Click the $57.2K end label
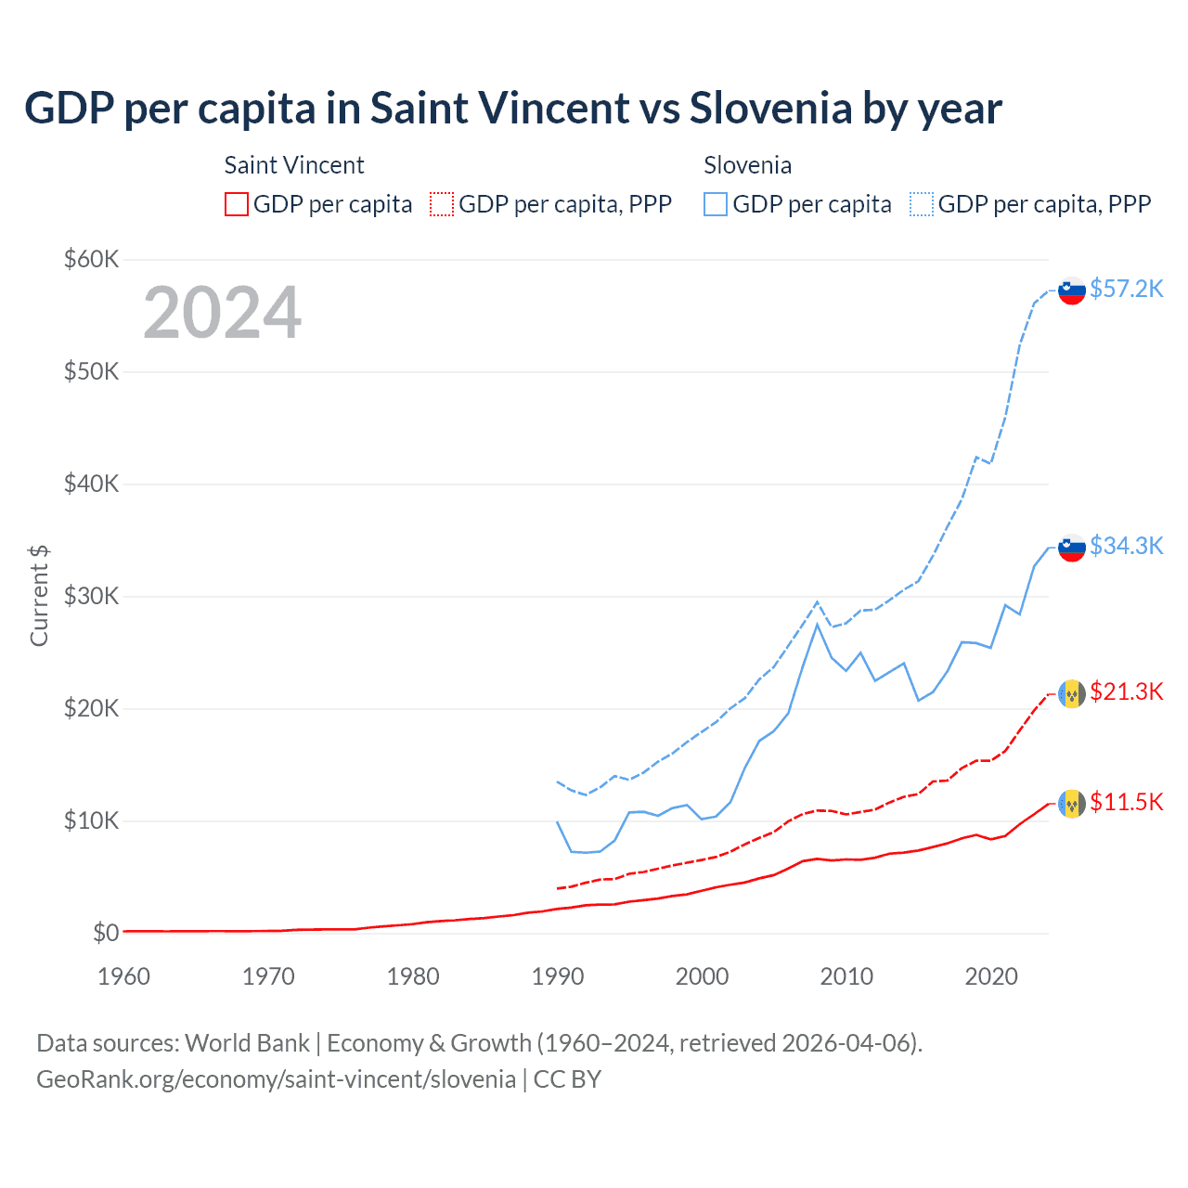point(1126,289)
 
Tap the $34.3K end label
point(1126,546)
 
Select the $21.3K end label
point(1126,691)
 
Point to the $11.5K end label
point(1126,802)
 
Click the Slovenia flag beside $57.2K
point(1072,291)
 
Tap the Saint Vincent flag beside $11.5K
point(1072,803)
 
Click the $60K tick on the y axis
point(91,259)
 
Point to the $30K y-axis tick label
point(91,596)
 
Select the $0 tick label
point(106,933)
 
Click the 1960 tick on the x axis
point(123,976)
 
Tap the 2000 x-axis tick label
point(703,976)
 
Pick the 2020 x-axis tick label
point(991,976)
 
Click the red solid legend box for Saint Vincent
point(237,204)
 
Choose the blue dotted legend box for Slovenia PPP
point(922,204)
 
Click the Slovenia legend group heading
point(747,165)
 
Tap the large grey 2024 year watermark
point(222,313)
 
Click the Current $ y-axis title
point(39,596)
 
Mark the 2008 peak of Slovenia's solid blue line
point(817,625)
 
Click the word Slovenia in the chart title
point(770,108)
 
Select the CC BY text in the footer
point(567,1079)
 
